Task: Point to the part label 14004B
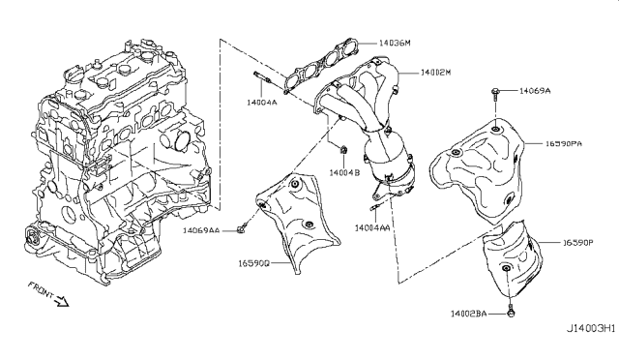point(344,172)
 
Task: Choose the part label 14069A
point(536,90)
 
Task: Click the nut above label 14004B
point(343,150)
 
